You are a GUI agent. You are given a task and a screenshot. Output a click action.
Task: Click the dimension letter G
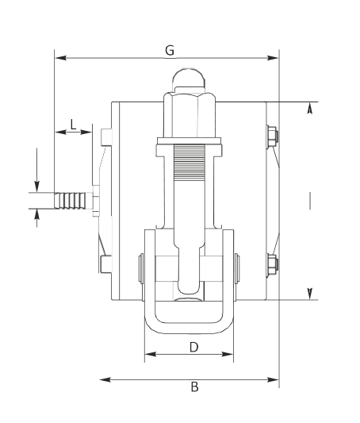pyautogui.click(x=170, y=51)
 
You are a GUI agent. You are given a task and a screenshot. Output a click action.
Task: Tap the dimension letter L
pyautogui.click(x=73, y=125)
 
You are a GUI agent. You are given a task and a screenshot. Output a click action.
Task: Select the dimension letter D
pyautogui.click(x=194, y=347)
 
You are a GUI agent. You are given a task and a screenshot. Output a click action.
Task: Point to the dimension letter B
pyautogui.click(x=194, y=386)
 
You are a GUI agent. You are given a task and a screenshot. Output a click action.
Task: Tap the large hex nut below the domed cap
pyautogui.click(x=190, y=115)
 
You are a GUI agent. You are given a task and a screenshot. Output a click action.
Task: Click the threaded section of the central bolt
pyautogui.click(x=190, y=163)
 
